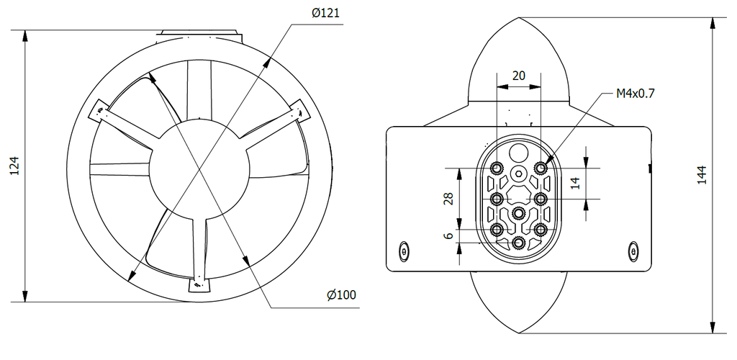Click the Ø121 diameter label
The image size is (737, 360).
(325, 14)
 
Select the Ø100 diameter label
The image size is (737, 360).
(341, 295)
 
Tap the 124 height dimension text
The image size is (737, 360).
(13, 166)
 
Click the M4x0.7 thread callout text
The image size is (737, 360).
(635, 93)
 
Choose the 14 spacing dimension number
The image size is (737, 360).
(574, 183)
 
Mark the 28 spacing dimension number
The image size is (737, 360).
(448, 199)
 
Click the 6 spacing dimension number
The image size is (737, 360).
(448, 235)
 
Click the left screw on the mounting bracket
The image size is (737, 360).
(403, 251)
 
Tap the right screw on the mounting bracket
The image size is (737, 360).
(633, 251)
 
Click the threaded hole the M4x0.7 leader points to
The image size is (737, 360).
(541, 168)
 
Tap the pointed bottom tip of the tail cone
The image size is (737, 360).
(519, 333)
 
